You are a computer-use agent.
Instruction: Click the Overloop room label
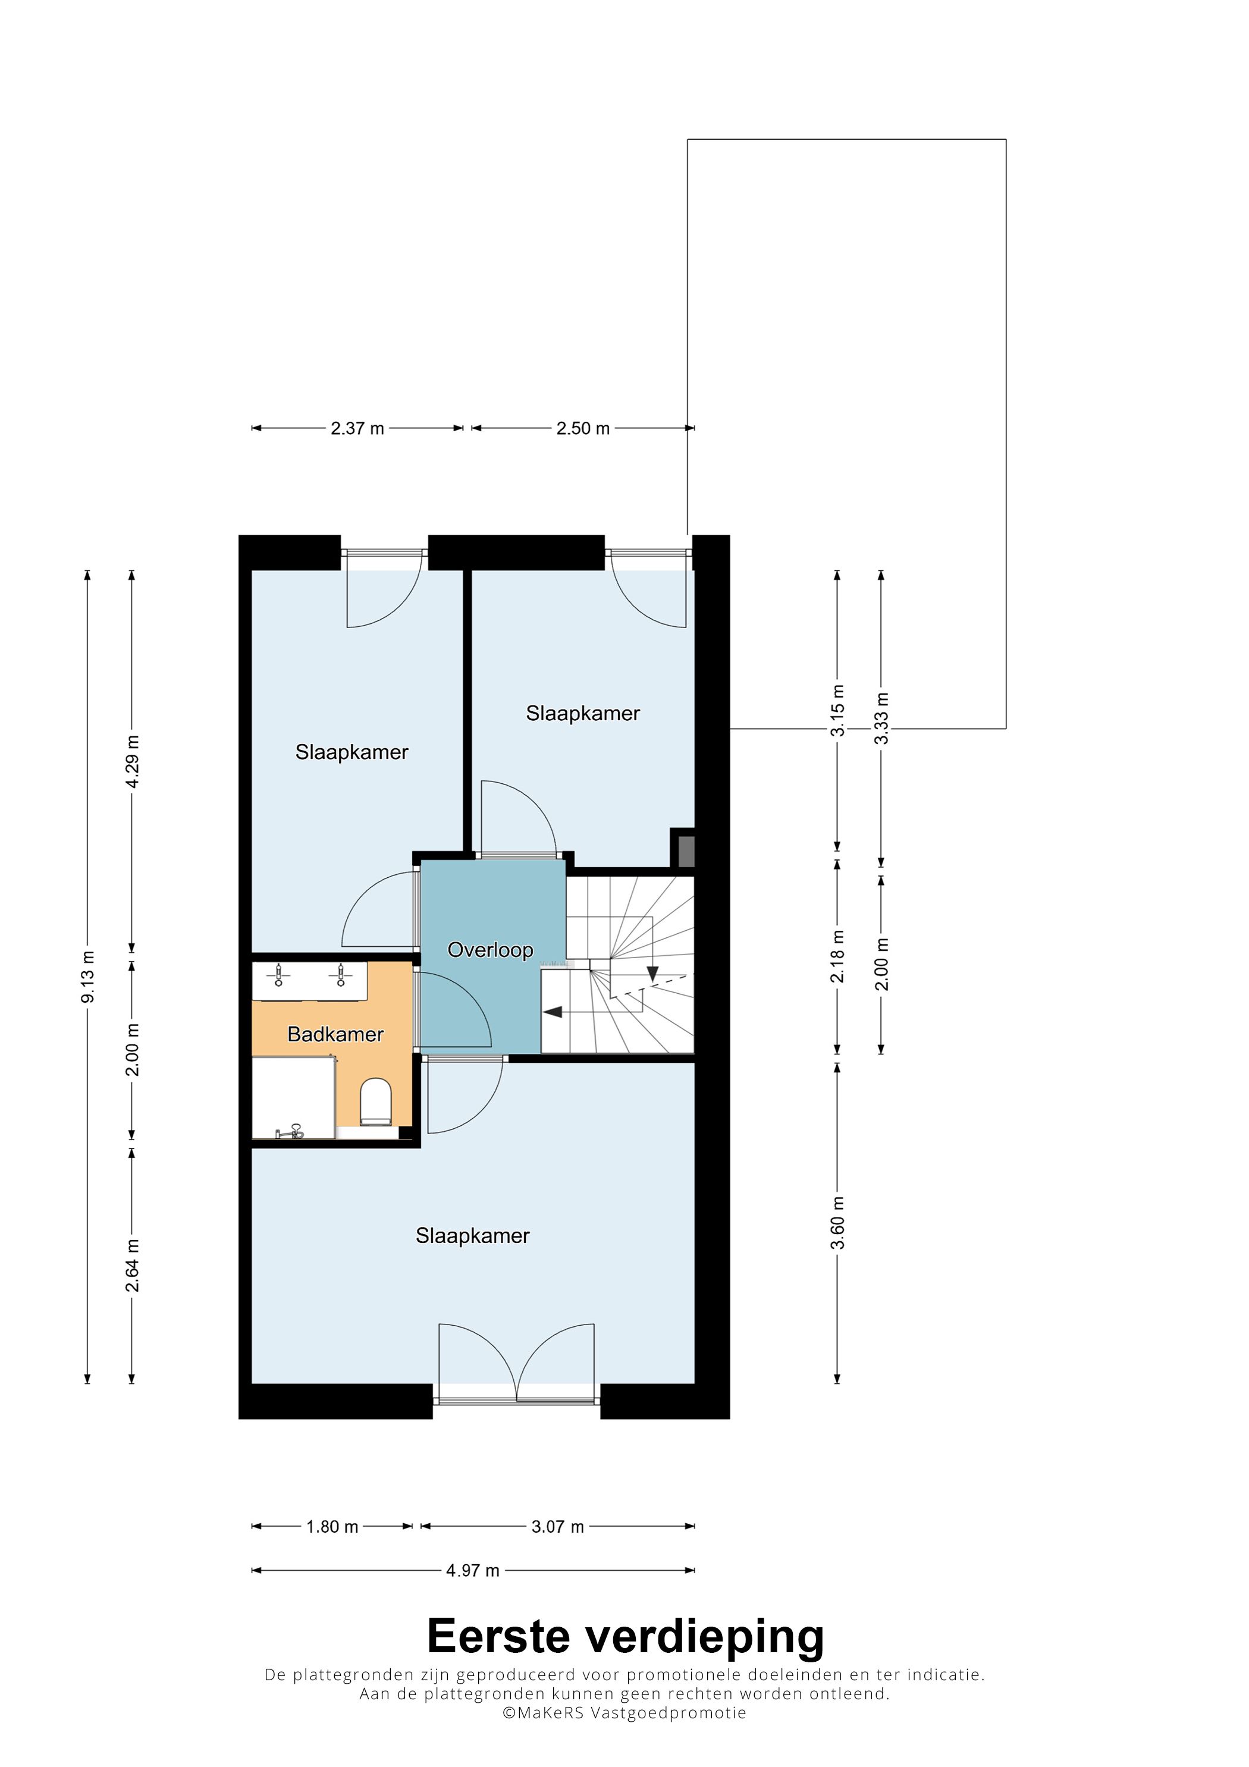point(490,950)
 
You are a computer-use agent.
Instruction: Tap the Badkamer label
point(335,1034)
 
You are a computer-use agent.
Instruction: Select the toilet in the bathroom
point(375,1101)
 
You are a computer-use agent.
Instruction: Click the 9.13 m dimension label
point(88,977)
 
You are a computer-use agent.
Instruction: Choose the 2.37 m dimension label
point(357,429)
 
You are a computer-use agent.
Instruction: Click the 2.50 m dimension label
point(582,429)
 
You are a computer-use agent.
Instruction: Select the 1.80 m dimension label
point(332,1527)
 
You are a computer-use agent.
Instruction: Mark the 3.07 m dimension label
point(557,1527)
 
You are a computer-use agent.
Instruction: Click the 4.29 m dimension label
point(133,761)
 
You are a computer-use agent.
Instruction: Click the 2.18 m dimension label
point(837,956)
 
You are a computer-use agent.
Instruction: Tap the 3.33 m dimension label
point(882,718)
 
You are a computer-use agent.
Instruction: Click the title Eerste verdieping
point(625,1637)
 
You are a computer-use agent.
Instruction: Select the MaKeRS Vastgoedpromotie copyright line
point(624,1712)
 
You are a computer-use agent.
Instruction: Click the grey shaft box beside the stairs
point(685,851)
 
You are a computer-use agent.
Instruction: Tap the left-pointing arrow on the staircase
point(552,1012)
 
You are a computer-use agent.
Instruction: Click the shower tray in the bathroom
point(293,1097)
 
